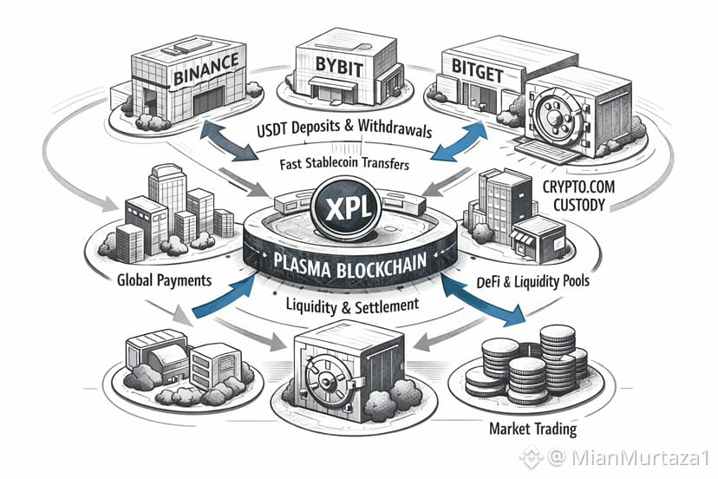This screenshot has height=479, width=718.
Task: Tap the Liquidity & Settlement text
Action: [352, 305]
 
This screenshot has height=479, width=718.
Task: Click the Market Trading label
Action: [533, 430]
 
